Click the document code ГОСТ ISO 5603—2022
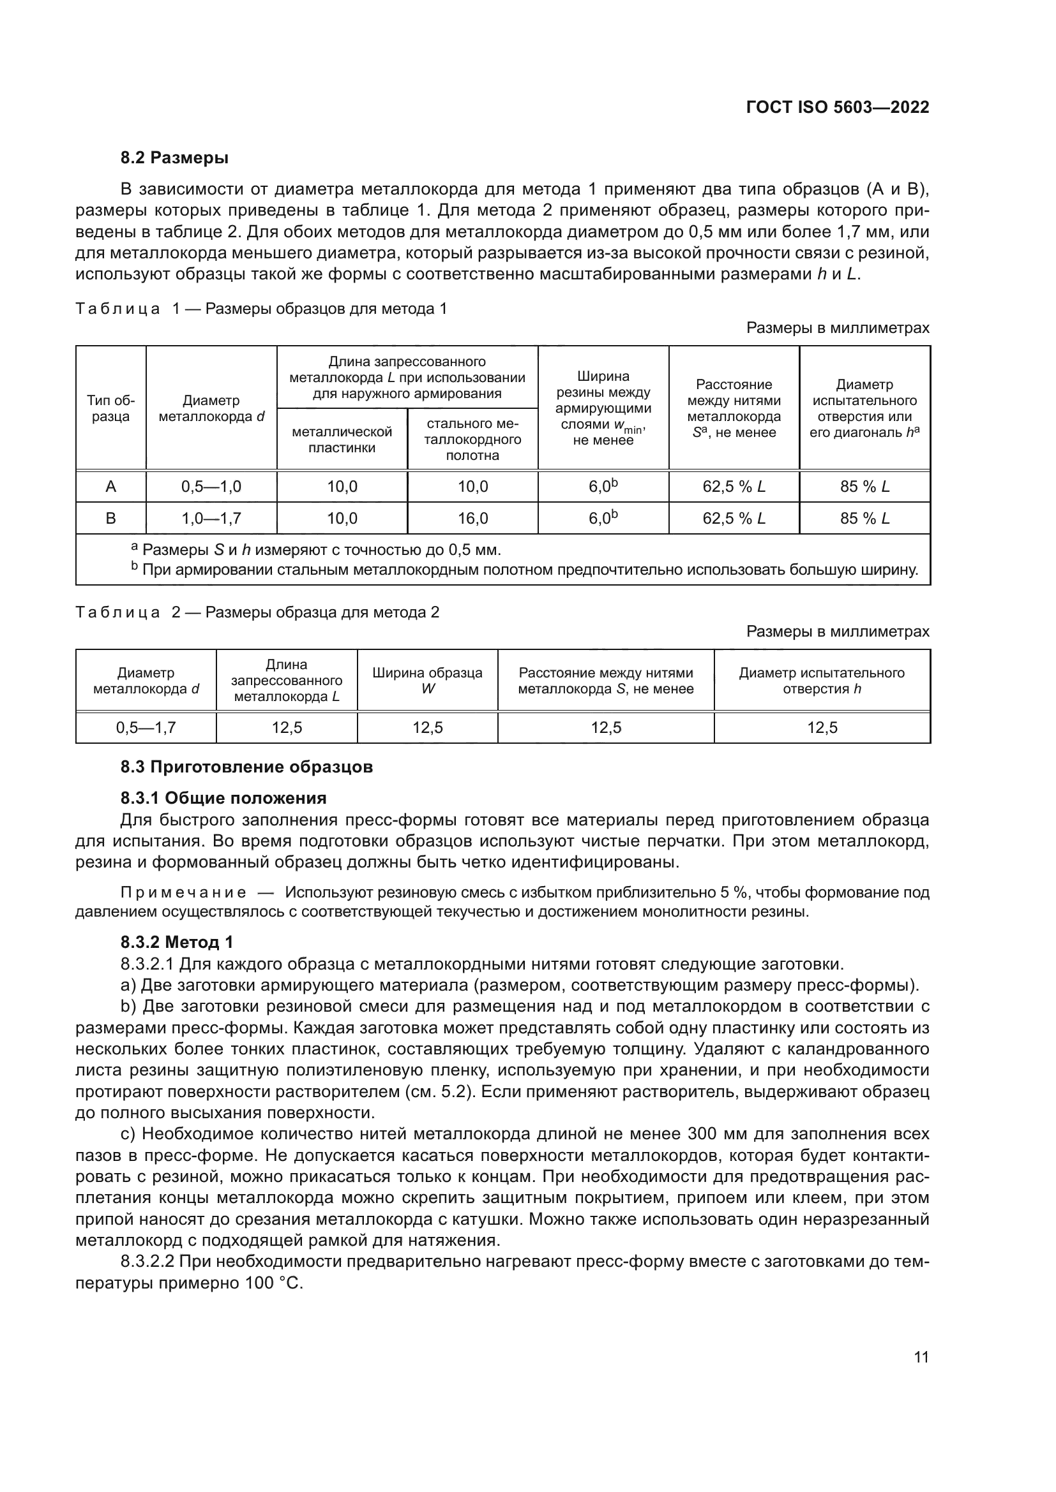[838, 107]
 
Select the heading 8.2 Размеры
[174, 158]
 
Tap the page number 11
[921, 1357]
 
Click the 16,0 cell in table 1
[472, 518]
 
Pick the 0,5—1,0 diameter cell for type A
[211, 486]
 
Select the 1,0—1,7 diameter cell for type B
[211, 518]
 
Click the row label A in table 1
[110, 486]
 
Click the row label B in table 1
[110, 518]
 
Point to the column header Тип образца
[110, 408]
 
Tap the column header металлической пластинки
[342, 439]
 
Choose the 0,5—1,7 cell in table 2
[146, 727]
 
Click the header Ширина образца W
[427, 681]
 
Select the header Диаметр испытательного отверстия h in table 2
[822, 681]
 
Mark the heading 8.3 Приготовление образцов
[246, 767]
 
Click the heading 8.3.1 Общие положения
[223, 797]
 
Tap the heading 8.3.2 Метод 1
[176, 942]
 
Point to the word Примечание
[183, 892]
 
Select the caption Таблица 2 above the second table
[117, 612]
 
